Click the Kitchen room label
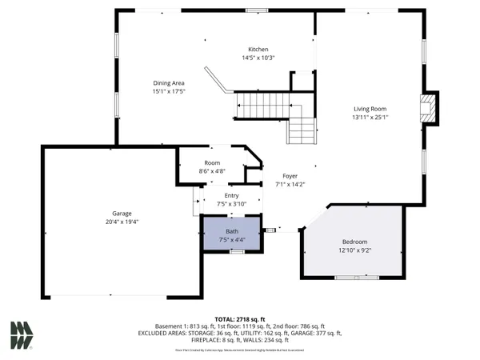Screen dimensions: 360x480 coord(258,49)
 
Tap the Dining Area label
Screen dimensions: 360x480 coord(170,82)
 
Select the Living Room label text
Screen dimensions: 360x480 coord(370,109)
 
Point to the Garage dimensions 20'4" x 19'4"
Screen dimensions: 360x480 coord(122,222)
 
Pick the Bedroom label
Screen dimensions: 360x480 coord(355,242)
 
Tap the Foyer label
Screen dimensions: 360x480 coord(290,175)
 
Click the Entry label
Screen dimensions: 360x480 coord(231,195)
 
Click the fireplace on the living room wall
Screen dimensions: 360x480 coord(430,108)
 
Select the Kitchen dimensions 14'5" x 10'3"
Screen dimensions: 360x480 coord(258,58)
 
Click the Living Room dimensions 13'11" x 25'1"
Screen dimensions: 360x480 coord(370,118)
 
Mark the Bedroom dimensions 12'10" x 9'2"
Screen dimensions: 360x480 coord(355,250)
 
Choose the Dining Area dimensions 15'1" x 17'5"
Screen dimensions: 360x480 coord(170,91)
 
